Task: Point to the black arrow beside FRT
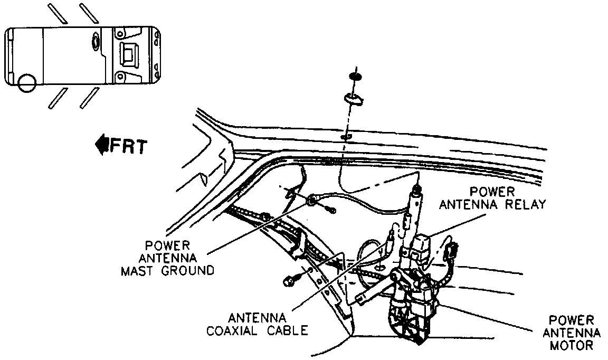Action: pyautogui.click(x=101, y=144)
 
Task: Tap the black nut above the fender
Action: pyautogui.click(x=355, y=77)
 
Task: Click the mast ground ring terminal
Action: pyautogui.click(x=312, y=200)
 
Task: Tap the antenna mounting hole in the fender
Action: pyautogui.click(x=345, y=138)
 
